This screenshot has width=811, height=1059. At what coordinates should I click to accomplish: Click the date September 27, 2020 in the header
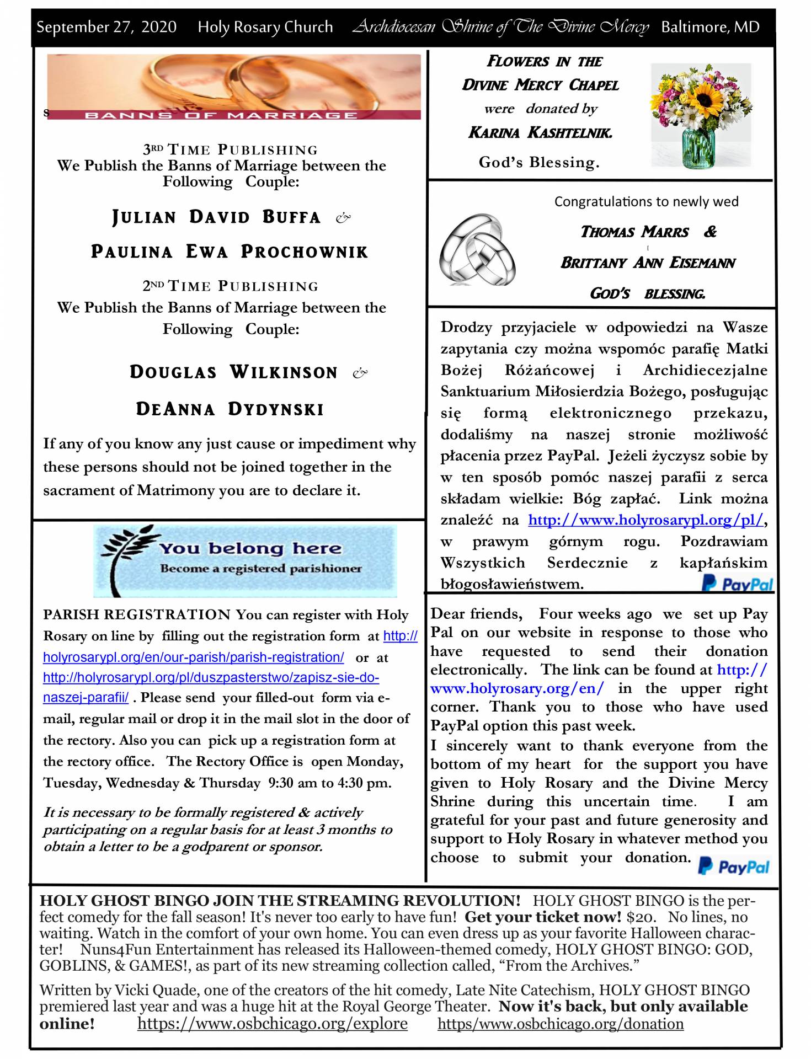click(106, 27)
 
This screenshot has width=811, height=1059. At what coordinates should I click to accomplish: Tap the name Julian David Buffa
click(216, 217)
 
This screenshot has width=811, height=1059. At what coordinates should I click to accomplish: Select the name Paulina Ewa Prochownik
click(230, 252)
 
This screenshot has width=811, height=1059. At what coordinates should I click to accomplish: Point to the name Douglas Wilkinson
click(233, 372)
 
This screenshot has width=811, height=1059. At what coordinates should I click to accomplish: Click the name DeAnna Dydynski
click(230, 409)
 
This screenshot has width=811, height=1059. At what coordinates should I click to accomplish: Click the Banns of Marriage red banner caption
click(221, 115)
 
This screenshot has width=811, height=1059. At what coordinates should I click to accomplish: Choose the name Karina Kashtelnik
click(540, 132)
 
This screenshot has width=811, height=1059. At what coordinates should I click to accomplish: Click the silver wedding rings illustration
click(478, 249)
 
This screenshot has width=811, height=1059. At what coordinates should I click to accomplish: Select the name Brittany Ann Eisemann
click(648, 263)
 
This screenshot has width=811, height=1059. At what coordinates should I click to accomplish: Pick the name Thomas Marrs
click(634, 232)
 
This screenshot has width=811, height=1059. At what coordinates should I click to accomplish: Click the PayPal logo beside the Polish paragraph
click(737, 584)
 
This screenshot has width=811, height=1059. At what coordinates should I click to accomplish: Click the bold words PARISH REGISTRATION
click(137, 614)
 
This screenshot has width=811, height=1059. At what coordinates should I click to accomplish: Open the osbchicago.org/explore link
click(273, 1024)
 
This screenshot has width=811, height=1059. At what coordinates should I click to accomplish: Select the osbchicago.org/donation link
click(560, 1024)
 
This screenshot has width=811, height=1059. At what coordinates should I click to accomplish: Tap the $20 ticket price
click(641, 917)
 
